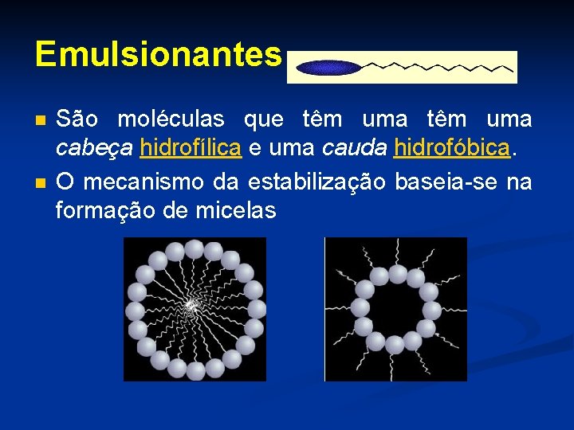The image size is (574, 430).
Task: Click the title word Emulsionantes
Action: click(x=158, y=55)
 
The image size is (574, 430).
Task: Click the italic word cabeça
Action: click(x=94, y=149)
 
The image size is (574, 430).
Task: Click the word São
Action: click(x=77, y=119)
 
